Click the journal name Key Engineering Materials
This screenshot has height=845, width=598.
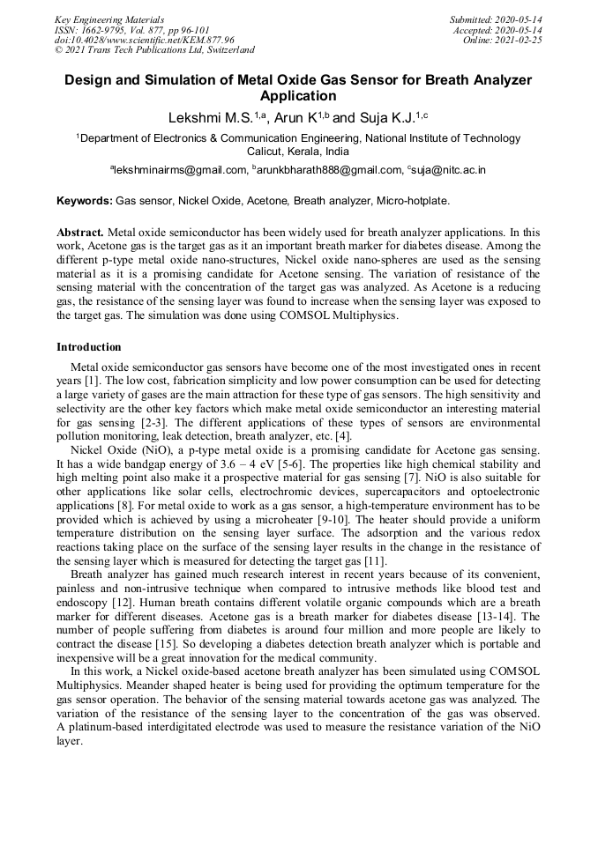[109, 19]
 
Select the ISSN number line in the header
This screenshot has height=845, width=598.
[132, 29]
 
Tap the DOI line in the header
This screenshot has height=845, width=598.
[145, 40]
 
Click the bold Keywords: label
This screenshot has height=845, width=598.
[85, 201]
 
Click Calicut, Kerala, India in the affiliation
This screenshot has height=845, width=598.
[298, 152]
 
